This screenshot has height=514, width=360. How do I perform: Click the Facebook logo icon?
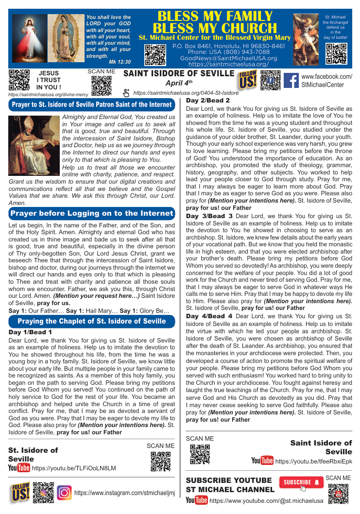[291, 80]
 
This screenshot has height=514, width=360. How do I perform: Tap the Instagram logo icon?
[64, 493]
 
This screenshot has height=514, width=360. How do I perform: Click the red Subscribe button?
[301, 482]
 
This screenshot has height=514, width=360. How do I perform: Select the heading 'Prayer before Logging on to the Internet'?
[92, 213]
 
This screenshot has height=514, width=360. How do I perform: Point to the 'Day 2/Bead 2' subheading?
[208, 101]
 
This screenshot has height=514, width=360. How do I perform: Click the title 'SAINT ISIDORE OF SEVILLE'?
[179, 73]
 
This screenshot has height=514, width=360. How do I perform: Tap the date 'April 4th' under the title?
[178, 83]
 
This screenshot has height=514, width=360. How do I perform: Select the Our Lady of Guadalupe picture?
[66, 38]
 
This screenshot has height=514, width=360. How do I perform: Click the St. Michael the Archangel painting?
[307, 39]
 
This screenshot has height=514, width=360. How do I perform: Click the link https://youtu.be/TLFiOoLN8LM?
[74, 468]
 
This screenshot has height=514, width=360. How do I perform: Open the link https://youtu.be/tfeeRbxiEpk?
[313, 461]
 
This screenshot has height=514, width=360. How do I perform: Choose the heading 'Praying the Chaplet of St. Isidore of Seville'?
[92, 321]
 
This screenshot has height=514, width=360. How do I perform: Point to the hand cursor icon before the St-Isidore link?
[127, 92]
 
